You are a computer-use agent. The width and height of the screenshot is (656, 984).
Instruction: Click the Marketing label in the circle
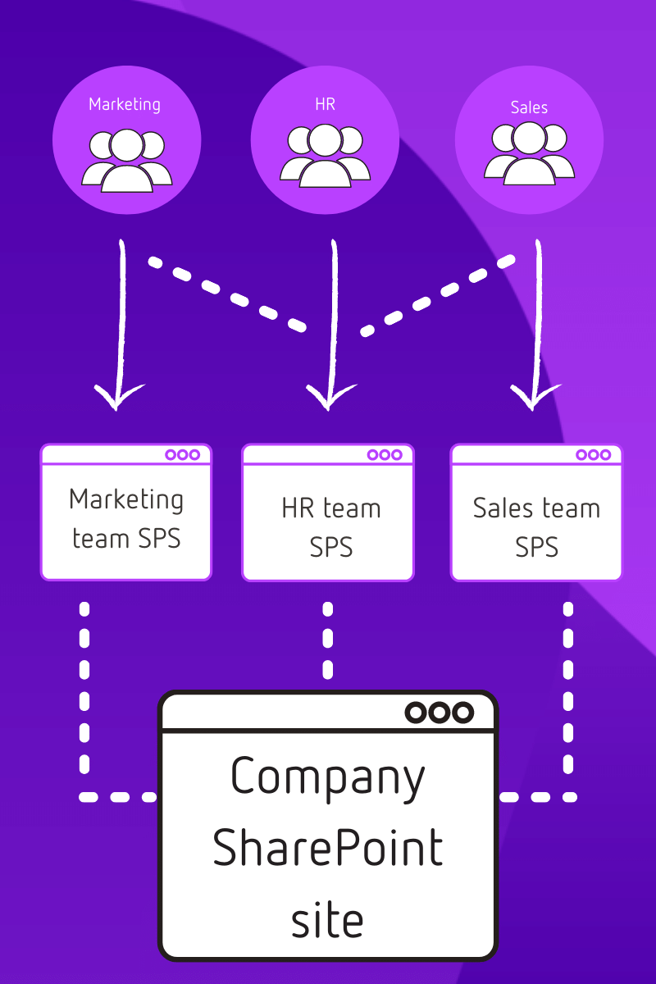(x=125, y=104)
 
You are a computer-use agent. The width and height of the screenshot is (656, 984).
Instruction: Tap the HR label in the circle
(x=325, y=104)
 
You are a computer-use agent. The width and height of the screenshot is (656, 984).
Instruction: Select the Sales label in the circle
(x=529, y=107)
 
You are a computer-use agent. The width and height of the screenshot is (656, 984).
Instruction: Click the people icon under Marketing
(x=126, y=160)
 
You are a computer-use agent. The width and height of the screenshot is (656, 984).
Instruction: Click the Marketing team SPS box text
(x=126, y=518)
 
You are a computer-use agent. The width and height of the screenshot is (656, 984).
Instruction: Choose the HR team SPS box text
(x=330, y=527)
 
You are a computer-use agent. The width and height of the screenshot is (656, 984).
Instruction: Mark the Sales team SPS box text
(x=536, y=527)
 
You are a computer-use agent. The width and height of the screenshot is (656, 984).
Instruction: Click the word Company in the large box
(x=328, y=777)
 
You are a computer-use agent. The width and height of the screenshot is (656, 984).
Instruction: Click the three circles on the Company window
(x=440, y=713)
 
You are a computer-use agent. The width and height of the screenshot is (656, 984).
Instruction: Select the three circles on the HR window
(x=385, y=455)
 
